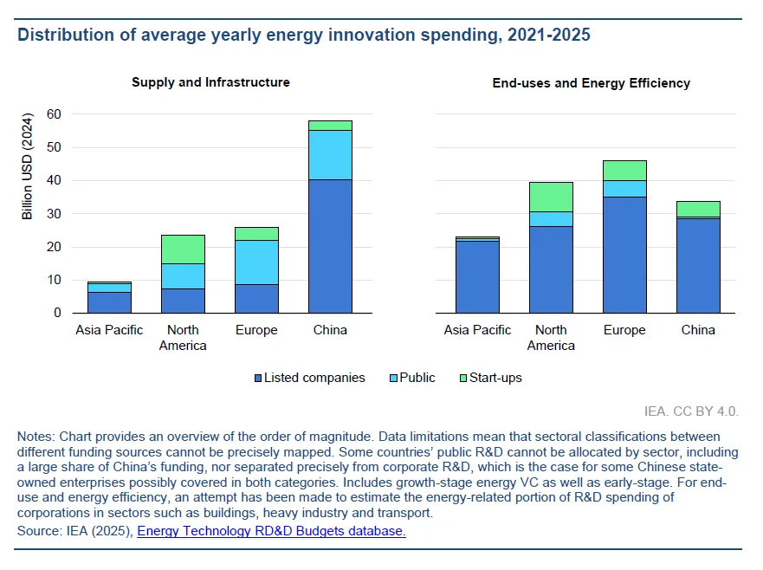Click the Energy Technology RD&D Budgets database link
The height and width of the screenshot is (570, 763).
[271, 531]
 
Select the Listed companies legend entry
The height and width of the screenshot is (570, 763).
[309, 378]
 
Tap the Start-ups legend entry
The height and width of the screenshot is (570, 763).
[490, 378]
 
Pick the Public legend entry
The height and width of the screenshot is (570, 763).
[411, 378]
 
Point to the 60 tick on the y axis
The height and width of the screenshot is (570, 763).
[54, 114]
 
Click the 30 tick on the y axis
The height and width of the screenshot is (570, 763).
[54, 214]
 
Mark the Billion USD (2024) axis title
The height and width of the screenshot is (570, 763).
[28, 165]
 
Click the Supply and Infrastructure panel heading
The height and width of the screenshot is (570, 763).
[210, 82]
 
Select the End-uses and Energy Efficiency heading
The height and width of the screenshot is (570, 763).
[591, 83]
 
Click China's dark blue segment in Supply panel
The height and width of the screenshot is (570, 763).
[330, 246]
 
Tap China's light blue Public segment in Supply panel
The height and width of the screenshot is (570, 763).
[330, 155]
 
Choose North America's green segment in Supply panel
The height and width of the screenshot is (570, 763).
[183, 249]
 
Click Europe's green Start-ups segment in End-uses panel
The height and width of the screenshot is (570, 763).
[624, 171]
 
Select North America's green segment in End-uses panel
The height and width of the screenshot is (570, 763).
[551, 197]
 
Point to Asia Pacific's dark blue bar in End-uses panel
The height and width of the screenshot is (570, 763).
[477, 276]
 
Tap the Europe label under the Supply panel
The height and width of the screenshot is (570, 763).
[256, 330]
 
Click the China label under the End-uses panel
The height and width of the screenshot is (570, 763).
[698, 330]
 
